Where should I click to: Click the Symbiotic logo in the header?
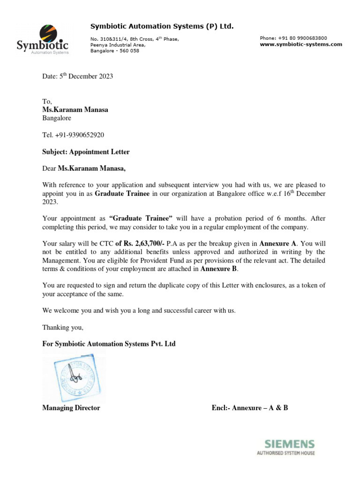(43, 39)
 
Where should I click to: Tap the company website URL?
(300, 45)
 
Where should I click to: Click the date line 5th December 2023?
(77, 76)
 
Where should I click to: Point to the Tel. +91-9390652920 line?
(73, 135)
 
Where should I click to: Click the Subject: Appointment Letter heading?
(86, 152)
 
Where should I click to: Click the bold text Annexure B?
(219, 269)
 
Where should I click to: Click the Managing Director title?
(71, 408)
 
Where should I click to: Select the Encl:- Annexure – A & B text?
(250, 408)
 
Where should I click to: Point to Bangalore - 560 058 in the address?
(114, 51)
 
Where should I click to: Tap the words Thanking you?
(63, 327)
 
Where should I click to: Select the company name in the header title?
(162, 26)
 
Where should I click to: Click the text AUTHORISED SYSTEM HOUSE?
(285, 453)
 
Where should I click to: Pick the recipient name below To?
(75, 110)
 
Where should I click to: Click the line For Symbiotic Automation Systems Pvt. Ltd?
(109, 344)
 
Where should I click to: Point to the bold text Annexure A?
(278, 244)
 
